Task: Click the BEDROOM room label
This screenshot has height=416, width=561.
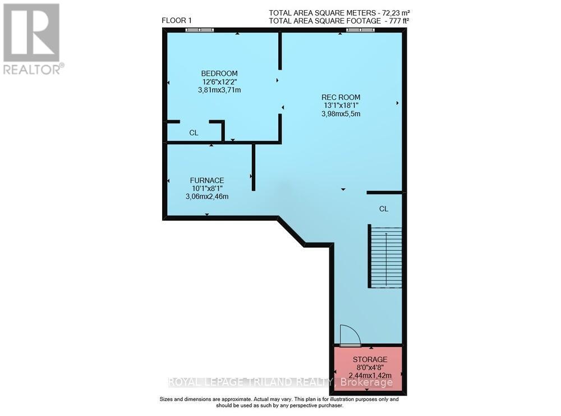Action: click(x=219, y=74)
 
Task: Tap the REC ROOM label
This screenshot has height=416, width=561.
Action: click(x=341, y=97)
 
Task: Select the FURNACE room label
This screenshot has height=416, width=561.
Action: click(x=206, y=180)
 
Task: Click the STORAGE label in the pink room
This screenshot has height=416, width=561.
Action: click(x=370, y=359)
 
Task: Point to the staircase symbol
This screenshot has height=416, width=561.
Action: click(x=385, y=257)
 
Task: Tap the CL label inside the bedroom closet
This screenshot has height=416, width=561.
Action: click(x=194, y=133)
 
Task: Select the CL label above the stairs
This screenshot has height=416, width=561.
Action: click(x=384, y=209)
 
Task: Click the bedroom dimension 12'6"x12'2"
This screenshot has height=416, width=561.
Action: click(x=219, y=81)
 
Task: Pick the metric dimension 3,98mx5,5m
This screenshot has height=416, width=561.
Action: click(x=341, y=113)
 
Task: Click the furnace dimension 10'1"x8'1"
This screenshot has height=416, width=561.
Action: click(x=206, y=188)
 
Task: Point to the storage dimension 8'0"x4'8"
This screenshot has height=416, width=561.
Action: click(x=370, y=367)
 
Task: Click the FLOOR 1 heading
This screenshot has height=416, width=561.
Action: click(x=177, y=21)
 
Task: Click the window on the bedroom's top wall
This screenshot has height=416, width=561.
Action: click(x=200, y=30)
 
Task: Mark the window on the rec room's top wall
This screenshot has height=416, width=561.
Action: click(x=360, y=30)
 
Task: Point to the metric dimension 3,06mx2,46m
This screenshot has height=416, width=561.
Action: click(x=206, y=196)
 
